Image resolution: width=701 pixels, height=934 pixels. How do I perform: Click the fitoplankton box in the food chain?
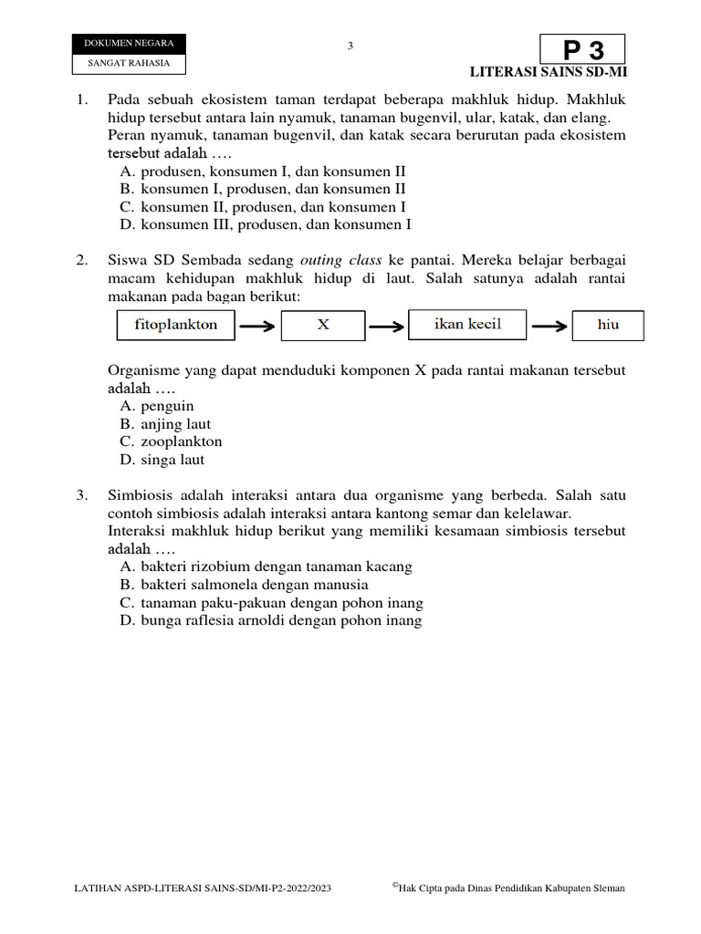click(175, 325)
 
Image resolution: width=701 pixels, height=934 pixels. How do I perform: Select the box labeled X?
click(322, 325)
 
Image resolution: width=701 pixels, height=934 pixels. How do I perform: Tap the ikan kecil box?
click(467, 325)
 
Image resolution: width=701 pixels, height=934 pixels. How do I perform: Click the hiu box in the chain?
click(608, 325)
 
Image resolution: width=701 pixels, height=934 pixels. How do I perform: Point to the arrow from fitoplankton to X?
click(256, 326)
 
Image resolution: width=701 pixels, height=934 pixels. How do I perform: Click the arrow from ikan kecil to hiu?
click(549, 326)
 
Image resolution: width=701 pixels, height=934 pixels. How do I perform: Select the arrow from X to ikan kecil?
click(386, 326)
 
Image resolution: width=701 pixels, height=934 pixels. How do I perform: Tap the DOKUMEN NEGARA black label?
click(128, 44)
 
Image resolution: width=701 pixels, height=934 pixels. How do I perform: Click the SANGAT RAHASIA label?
click(128, 64)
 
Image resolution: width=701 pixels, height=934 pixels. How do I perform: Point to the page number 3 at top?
click(350, 47)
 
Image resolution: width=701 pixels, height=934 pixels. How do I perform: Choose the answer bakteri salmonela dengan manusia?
click(244, 585)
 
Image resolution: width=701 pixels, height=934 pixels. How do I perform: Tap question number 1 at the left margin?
click(82, 99)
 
